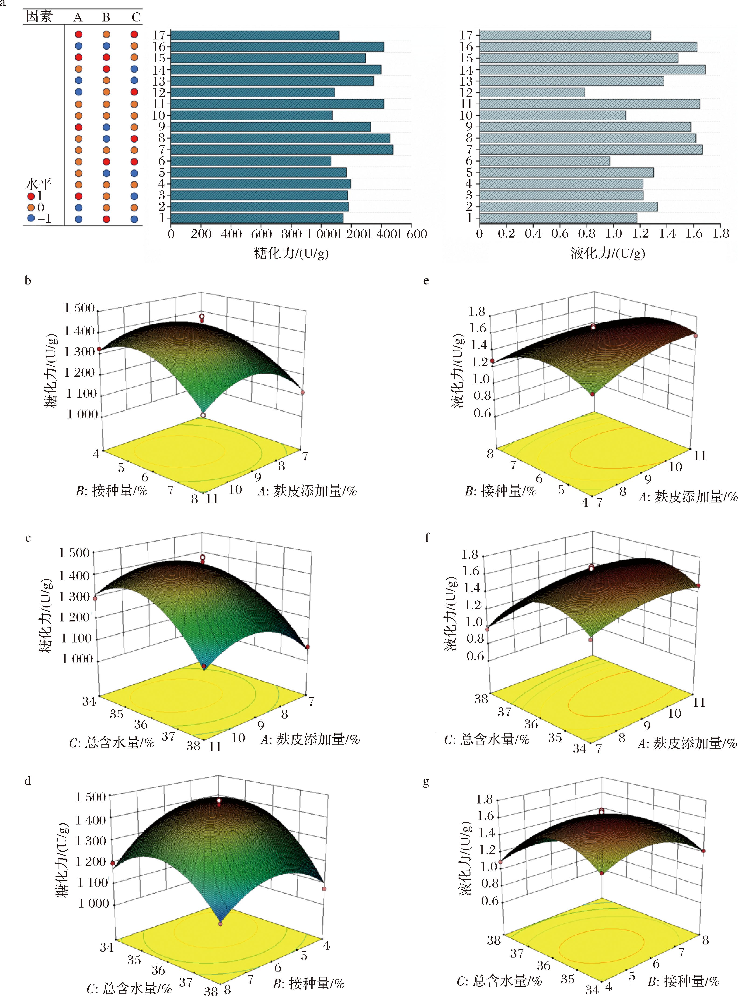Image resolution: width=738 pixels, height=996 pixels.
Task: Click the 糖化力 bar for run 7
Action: (x=282, y=150)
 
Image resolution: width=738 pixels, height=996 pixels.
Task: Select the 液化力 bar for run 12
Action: (x=532, y=92)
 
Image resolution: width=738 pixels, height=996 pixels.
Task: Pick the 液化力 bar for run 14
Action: (x=592, y=70)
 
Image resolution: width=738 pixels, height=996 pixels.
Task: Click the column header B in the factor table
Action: (x=106, y=18)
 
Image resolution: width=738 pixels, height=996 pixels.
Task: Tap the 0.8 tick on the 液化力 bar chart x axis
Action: (x=587, y=234)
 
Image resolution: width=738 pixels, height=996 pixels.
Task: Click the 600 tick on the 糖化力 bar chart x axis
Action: (x=261, y=234)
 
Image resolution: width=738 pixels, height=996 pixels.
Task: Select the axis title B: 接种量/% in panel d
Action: (x=309, y=983)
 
